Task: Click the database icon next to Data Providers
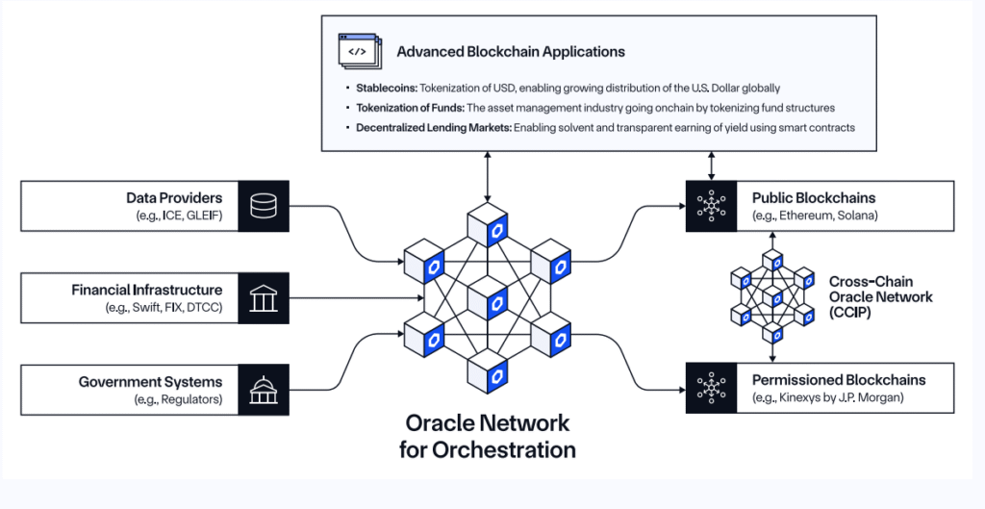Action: pyautogui.click(x=262, y=206)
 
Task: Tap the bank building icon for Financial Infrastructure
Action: pyautogui.click(x=262, y=298)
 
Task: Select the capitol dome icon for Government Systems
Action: pyautogui.click(x=262, y=390)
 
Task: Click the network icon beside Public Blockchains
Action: pyautogui.click(x=711, y=206)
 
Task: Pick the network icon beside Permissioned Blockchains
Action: pyautogui.click(x=711, y=388)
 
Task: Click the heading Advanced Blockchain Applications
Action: pyautogui.click(x=510, y=51)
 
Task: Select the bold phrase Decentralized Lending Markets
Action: pyautogui.click(x=414, y=127)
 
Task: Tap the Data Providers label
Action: pyautogui.click(x=174, y=197)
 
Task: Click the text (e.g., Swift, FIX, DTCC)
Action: pyautogui.click(x=164, y=308)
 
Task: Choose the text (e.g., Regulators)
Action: pyautogui.click(x=179, y=399)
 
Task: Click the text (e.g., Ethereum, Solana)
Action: pyautogui.click(x=815, y=216)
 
